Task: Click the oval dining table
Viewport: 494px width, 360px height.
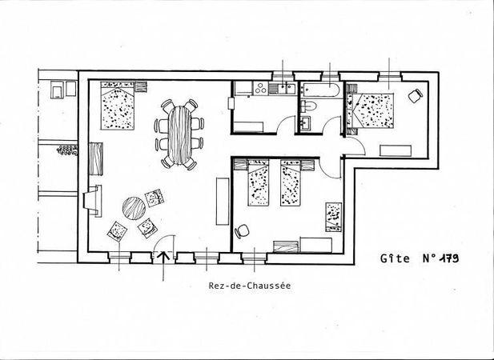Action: tap(179, 135)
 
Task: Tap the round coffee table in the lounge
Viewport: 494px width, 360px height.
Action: tap(134, 208)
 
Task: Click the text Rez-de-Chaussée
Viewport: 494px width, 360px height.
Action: tap(250, 286)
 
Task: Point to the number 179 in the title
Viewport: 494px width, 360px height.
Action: tap(448, 258)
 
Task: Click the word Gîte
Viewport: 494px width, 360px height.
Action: tap(395, 258)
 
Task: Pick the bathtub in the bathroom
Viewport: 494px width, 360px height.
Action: tap(319, 90)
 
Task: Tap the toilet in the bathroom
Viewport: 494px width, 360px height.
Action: tap(308, 106)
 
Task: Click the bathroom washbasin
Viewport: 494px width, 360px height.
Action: tap(305, 122)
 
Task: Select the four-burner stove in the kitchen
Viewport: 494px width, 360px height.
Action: tap(260, 88)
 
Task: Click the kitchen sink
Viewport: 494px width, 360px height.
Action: tap(287, 89)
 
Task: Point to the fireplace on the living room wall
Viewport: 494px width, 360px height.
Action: tap(93, 201)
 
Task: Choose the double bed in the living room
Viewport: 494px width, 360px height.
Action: tap(118, 106)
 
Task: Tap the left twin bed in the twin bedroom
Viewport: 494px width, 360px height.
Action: tap(259, 182)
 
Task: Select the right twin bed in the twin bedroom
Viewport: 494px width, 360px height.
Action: tap(291, 182)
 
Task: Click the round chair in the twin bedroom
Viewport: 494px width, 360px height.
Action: tap(242, 232)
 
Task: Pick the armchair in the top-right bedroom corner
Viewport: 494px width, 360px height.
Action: tap(416, 96)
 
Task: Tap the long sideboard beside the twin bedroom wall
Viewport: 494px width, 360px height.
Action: tap(223, 202)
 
